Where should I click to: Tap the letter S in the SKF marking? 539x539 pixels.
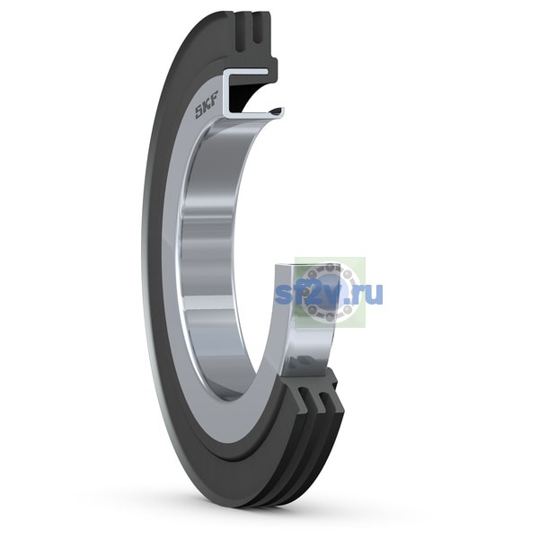(199, 112)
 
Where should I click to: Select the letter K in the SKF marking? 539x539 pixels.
(208, 109)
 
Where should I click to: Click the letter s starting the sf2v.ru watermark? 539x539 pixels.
(283, 296)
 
